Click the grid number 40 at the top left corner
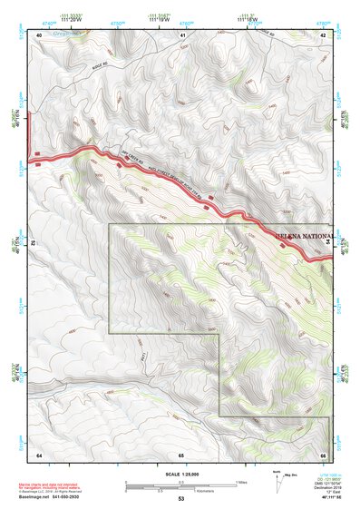coord(39,34)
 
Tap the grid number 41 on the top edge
coord(182,34)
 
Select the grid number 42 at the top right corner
coord(323,34)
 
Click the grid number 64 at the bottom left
coord(39,454)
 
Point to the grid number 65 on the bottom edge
coord(181,454)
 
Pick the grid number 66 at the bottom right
coord(323,454)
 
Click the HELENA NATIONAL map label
coord(303,236)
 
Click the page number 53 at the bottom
coord(180,498)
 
